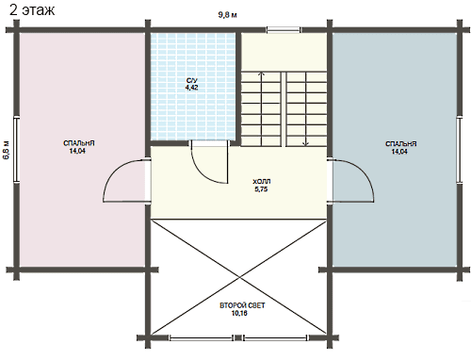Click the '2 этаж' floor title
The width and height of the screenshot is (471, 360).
(32, 10)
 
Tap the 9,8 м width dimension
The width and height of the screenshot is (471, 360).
(228, 15)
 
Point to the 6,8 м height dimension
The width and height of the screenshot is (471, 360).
(7, 150)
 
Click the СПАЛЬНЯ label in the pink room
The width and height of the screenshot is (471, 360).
(79, 143)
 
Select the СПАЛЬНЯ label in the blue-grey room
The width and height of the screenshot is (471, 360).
(401, 144)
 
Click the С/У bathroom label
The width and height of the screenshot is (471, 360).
(192, 81)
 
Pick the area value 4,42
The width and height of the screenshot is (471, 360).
(191, 88)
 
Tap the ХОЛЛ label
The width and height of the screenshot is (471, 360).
(262, 182)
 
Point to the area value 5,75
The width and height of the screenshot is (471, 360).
(261, 189)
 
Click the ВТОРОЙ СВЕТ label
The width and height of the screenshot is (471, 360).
(242, 305)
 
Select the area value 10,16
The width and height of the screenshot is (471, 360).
(239, 313)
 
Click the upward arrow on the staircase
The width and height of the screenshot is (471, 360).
(261, 108)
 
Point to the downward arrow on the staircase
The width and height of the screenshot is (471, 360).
(306, 109)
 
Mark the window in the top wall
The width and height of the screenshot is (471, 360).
(284, 30)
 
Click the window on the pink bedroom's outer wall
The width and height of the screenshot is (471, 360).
(17, 149)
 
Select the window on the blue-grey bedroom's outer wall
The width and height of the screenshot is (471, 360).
(460, 150)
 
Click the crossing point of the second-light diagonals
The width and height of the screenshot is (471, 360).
(239, 277)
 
